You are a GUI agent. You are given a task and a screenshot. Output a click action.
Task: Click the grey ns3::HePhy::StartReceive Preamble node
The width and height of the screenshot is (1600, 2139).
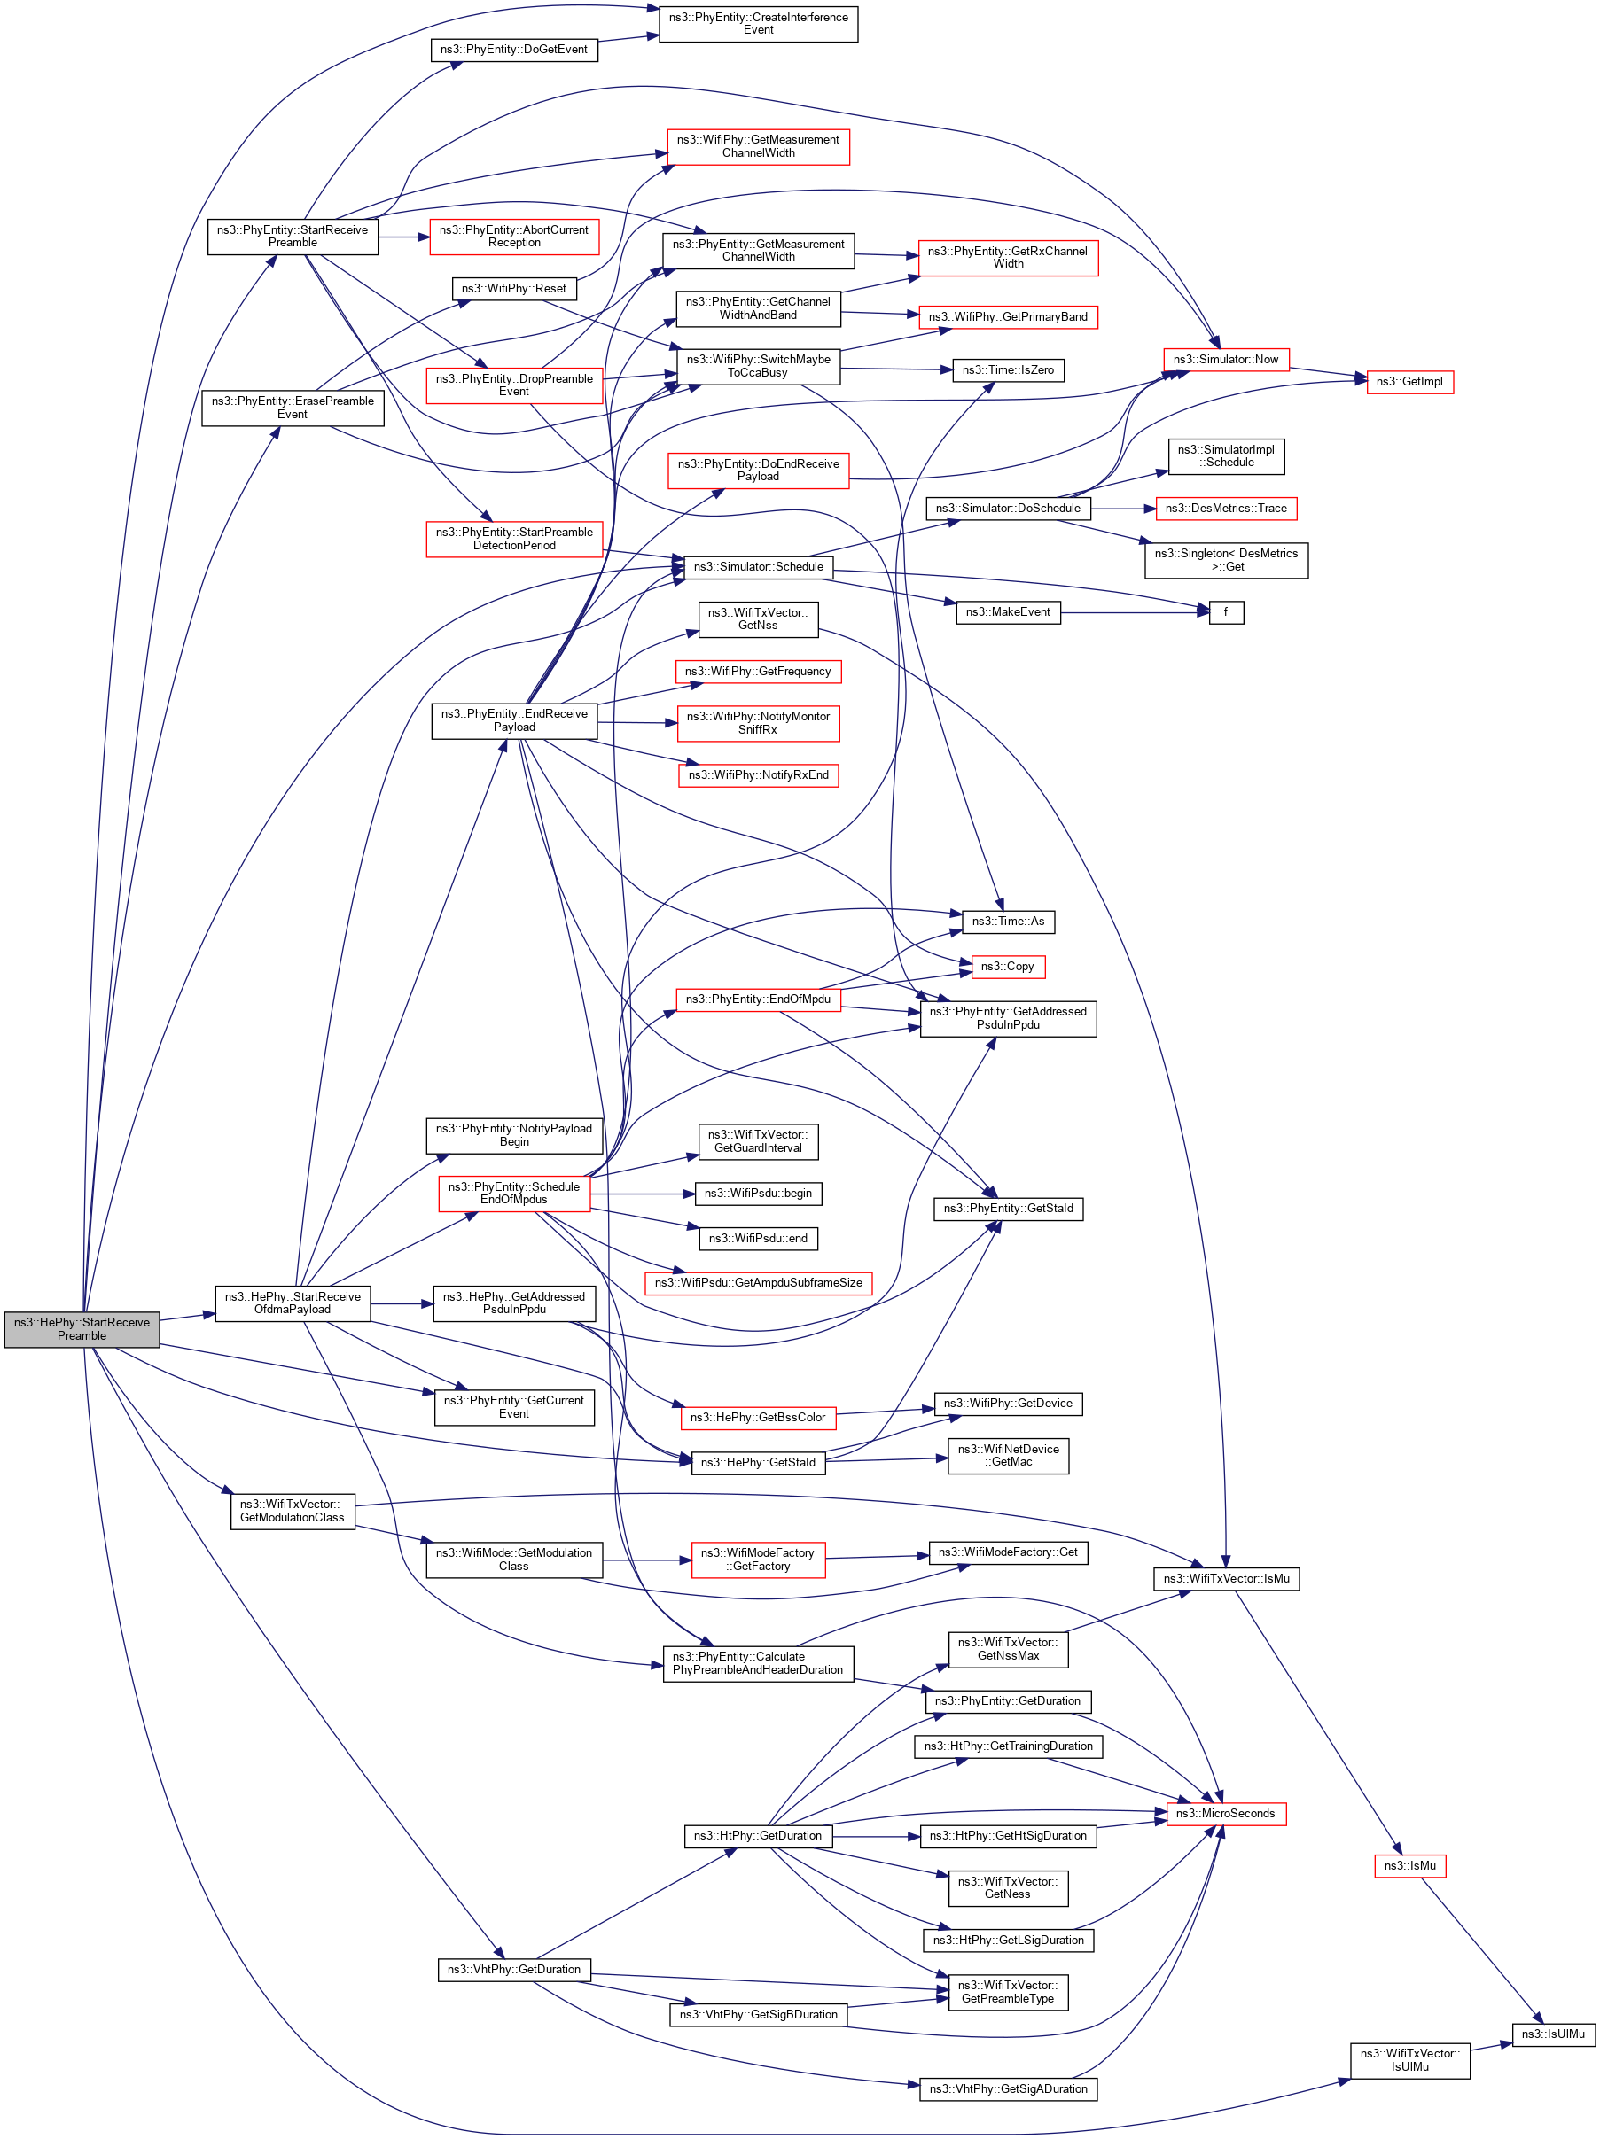click(82, 1328)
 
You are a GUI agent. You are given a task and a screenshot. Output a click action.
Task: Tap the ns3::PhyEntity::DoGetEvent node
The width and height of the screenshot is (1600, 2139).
click(512, 50)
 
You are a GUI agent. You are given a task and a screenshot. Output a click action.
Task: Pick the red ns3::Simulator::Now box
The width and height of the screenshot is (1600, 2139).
click(1225, 360)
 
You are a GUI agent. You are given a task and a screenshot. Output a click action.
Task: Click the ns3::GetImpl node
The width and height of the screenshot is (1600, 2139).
click(1409, 382)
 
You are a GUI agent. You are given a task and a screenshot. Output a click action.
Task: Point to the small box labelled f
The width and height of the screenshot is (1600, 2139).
click(1226, 612)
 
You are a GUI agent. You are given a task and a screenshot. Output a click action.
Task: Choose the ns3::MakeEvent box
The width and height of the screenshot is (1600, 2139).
click(1007, 612)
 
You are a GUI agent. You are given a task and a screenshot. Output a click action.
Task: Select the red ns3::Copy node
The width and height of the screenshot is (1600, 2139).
click(1007, 966)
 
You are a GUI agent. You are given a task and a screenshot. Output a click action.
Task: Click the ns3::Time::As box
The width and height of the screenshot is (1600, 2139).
click(1007, 922)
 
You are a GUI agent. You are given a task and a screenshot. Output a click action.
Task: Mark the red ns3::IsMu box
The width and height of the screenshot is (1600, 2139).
click(1409, 1865)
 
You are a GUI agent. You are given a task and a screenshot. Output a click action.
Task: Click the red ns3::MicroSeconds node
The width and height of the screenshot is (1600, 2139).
click(1225, 1813)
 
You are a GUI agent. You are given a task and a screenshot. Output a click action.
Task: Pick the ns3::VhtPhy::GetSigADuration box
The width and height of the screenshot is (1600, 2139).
click(1007, 2088)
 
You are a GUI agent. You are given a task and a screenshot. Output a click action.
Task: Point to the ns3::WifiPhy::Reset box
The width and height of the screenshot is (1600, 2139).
click(512, 288)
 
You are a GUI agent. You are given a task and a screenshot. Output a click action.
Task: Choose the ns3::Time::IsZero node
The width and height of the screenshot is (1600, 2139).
click(1007, 370)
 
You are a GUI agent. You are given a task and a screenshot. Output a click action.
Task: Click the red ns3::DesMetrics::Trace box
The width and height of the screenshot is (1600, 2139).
click(1225, 509)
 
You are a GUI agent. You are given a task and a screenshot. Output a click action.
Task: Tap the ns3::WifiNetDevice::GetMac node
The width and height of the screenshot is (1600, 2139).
click(1007, 1455)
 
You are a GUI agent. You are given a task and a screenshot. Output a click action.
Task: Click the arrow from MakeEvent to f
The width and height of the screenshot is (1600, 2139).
click(1132, 612)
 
